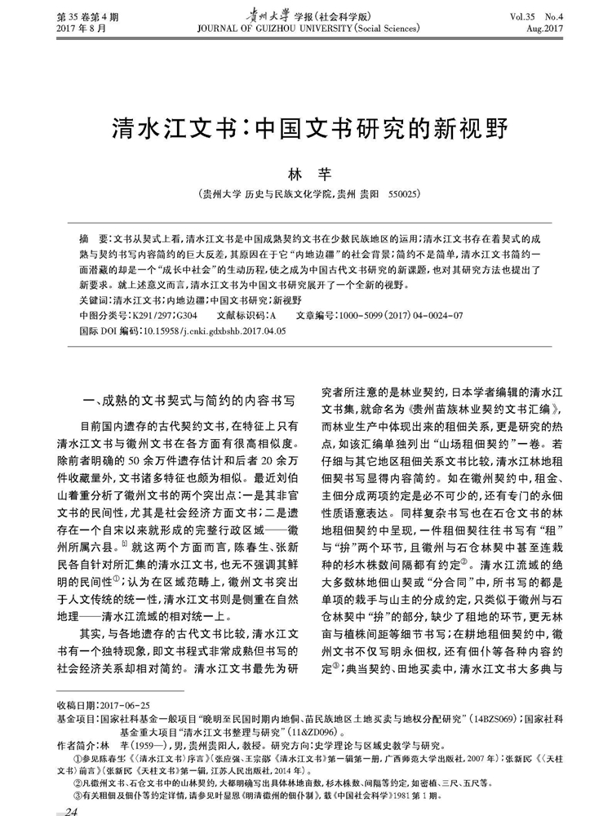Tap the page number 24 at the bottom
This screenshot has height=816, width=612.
click(71, 810)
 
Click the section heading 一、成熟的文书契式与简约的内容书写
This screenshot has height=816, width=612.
click(188, 400)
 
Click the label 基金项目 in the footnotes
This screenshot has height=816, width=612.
click(76, 717)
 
